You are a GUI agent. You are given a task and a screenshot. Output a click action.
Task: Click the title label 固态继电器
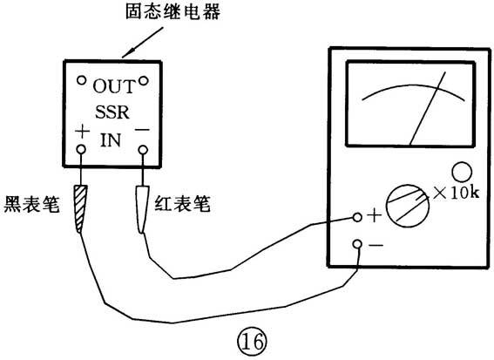coord(173,11)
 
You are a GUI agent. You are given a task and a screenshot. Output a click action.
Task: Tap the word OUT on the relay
coord(114,86)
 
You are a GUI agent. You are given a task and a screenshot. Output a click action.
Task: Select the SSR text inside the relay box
coord(112,112)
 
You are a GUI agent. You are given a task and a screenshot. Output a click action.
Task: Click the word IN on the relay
coord(111,140)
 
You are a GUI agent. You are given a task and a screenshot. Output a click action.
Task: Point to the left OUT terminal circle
coord(82,80)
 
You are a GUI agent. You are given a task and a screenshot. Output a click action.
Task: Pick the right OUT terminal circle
coord(144,81)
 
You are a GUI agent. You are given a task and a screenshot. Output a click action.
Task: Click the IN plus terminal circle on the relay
coord(81,149)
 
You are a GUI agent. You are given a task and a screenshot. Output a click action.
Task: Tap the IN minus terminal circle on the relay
coord(143,149)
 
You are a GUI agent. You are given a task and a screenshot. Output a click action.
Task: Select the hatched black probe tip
coord(80,209)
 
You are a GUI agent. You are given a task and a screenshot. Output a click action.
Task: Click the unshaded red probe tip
coord(142,209)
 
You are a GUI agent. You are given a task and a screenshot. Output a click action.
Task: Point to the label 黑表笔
coord(31,204)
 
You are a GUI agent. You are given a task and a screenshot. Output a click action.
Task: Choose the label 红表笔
coord(182,203)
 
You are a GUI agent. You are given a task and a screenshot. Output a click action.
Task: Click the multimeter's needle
coord(428,109)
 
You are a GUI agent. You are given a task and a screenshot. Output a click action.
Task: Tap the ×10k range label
coord(457,193)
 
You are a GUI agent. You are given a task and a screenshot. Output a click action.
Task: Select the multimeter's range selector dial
coord(408,206)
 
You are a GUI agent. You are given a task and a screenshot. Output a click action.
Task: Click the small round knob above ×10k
coord(462,172)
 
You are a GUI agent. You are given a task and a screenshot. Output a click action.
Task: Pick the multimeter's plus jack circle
coord(357,217)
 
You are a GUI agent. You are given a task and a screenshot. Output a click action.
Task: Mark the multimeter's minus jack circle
coord(357,244)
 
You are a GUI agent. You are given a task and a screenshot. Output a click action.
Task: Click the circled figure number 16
coord(252,343)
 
